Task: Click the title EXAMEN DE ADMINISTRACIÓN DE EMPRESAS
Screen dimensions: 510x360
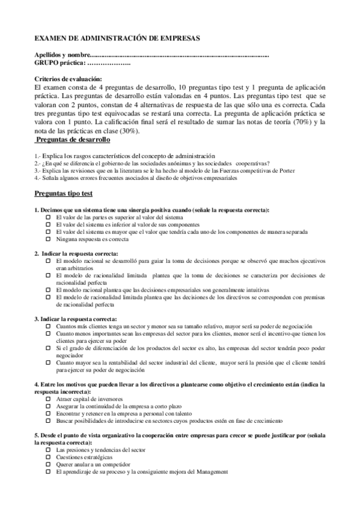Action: [x=117, y=38]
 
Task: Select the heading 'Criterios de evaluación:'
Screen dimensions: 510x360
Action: [x=69, y=79]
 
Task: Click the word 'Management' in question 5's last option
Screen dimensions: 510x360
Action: [x=211, y=472]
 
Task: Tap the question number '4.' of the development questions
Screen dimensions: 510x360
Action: [x=36, y=178]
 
